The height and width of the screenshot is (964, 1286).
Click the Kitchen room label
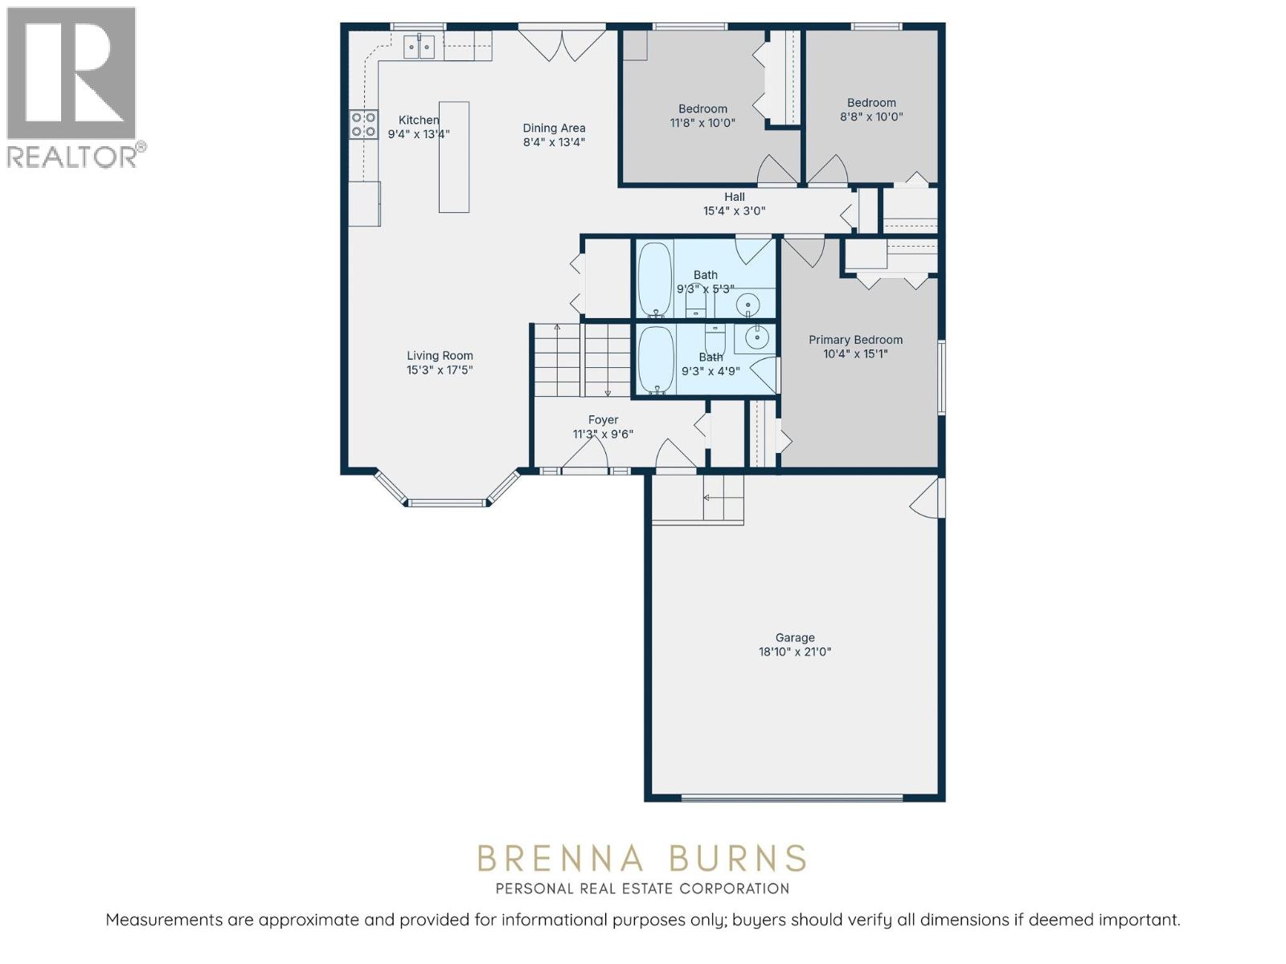419,120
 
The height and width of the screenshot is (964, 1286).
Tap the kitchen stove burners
363,125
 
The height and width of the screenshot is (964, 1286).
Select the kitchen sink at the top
419,47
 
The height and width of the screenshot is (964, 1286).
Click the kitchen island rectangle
453,157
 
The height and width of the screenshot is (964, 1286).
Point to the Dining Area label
554,128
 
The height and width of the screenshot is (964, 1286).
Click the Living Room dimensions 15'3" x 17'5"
440,370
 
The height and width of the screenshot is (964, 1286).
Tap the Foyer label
603,420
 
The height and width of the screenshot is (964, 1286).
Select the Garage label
795,638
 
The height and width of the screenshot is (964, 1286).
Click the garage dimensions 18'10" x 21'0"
795,652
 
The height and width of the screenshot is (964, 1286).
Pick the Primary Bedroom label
855,340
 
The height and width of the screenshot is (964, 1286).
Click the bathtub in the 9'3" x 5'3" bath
655,279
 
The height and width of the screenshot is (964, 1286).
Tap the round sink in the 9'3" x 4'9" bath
756,337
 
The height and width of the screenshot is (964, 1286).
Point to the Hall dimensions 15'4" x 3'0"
734,211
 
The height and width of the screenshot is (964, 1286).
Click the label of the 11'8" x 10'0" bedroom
702,109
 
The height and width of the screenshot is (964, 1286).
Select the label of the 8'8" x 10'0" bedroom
871,103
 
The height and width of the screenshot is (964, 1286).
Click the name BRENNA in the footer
560,859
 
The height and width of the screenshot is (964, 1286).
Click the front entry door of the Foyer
584,455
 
